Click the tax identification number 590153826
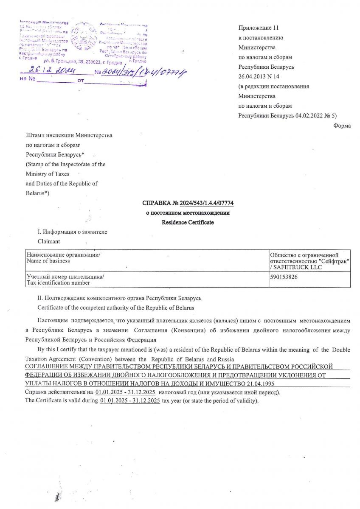[284, 276]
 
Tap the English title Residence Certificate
[188, 222]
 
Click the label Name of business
[48, 261]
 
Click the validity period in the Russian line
[125, 393]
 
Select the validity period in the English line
[130, 401]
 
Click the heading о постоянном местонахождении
[188, 213]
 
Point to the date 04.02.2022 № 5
[316, 115]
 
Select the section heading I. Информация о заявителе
[73, 232]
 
